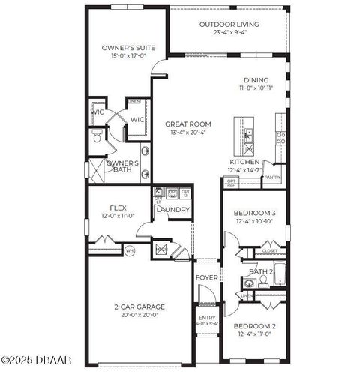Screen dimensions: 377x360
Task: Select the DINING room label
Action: coord(256,80)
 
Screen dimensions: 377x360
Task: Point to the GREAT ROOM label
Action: coord(188,124)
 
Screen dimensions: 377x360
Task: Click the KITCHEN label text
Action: coord(244,162)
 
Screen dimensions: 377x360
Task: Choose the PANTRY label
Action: coord(271,178)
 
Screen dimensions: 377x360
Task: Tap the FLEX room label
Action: coord(118,208)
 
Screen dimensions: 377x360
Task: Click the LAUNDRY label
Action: coord(173,210)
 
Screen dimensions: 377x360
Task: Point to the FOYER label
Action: coord(207,278)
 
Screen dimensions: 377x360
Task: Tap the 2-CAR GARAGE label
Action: coord(139,307)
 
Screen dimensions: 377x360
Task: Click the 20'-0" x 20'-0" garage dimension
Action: coord(139,316)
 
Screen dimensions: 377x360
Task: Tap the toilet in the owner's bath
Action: coord(95,137)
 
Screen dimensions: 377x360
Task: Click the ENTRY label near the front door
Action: coord(206,318)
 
